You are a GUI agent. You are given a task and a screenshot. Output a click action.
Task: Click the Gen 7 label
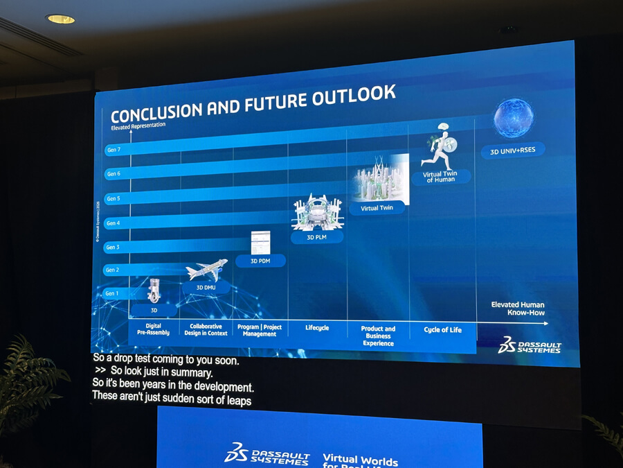pos(113,150)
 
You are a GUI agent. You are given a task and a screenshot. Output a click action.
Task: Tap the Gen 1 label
pos(112,293)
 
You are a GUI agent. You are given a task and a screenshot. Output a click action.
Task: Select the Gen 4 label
pos(113,223)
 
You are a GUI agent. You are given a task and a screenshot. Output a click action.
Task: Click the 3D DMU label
pos(207,287)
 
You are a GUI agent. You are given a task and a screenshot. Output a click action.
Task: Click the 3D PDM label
pos(260,261)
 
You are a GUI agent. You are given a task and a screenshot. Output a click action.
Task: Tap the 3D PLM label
pos(317,237)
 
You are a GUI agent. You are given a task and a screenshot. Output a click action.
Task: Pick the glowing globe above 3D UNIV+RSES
pos(514,119)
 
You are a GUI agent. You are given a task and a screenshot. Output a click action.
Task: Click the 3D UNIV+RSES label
pos(513,150)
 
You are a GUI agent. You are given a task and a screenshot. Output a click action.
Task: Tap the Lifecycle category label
pos(317,328)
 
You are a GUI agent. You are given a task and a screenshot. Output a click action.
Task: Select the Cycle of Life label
pos(442,330)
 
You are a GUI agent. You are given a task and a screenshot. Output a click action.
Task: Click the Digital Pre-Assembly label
pos(154,329)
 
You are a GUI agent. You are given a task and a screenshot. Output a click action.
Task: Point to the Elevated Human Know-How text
pos(518,309)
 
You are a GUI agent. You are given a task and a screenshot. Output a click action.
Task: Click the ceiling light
pos(60,19)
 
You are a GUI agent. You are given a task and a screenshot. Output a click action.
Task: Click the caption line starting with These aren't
pos(172,400)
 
